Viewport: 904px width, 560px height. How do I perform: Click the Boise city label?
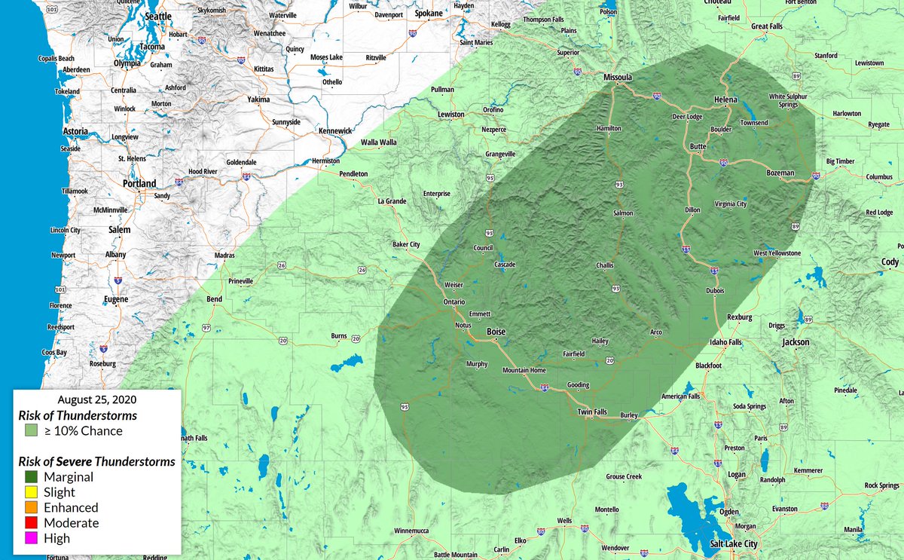point(496,332)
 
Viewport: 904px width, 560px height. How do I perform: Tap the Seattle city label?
point(158,17)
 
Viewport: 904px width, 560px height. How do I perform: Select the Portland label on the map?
point(139,184)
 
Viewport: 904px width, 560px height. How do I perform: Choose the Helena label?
point(726,99)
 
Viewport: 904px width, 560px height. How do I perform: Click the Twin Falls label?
point(591,412)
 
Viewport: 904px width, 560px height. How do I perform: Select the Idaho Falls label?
point(726,342)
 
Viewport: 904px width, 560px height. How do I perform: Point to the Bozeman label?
point(780,173)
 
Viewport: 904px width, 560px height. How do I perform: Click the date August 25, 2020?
point(97,399)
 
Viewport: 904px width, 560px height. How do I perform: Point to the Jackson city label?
point(796,342)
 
